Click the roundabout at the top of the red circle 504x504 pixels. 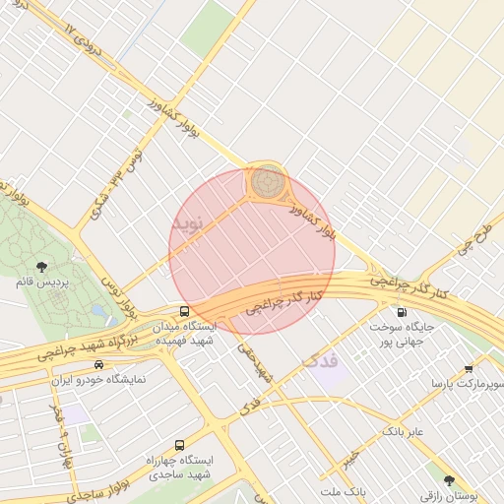[266, 182]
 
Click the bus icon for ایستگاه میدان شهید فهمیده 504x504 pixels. [185, 312]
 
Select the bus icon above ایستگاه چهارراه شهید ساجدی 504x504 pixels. [179, 445]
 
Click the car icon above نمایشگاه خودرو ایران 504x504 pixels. [97, 365]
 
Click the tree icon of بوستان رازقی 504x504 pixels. [449, 480]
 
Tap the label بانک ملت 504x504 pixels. [343, 489]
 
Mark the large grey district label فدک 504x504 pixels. [321, 361]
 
